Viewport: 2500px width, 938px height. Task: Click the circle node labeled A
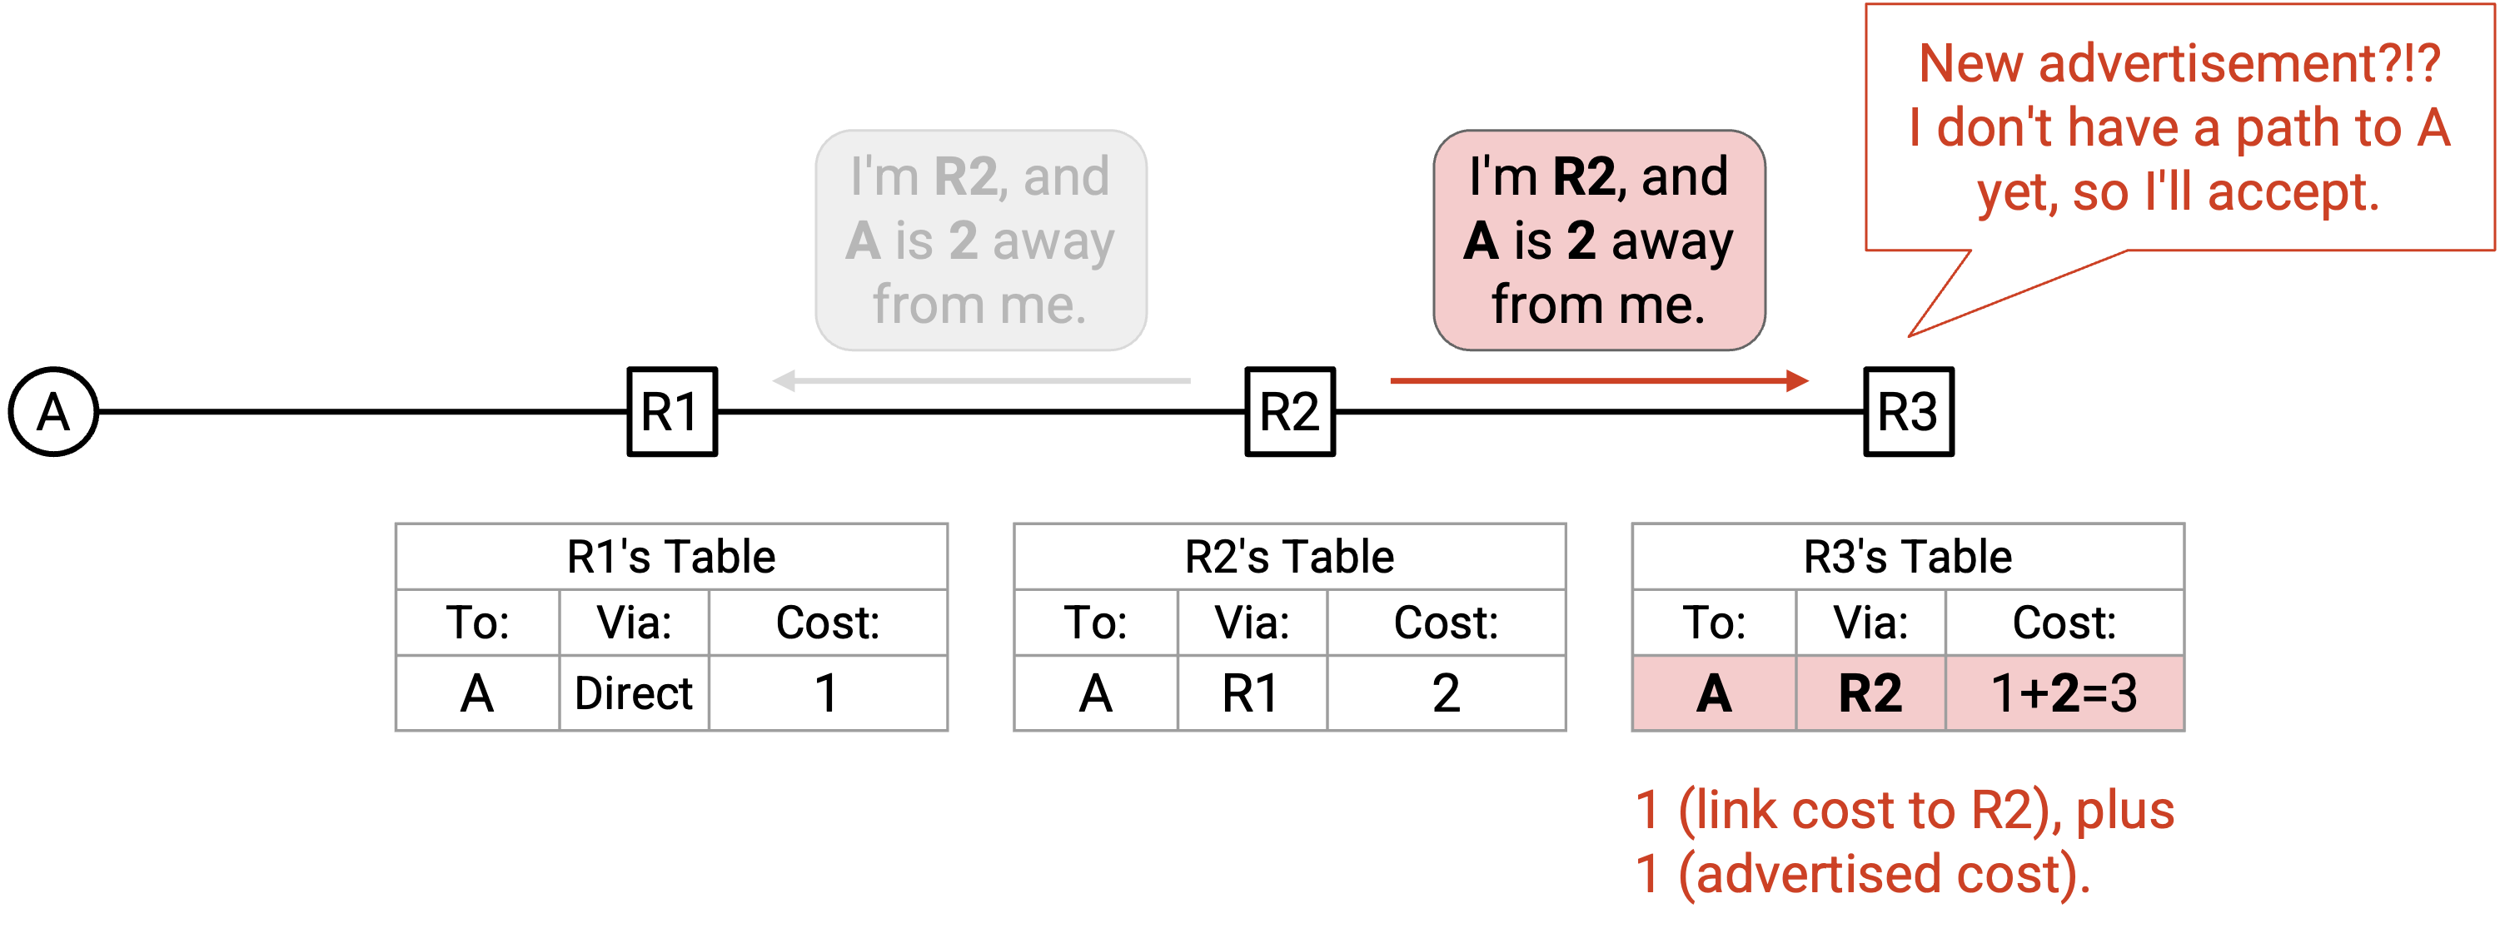click(x=53, y=411)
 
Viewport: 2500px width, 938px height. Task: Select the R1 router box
click(x=671, y=411)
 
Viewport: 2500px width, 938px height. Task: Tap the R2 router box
click(x=1290, y=411)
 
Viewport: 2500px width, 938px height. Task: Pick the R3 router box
click(x=1908, y=411)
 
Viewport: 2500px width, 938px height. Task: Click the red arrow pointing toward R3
click(x=1600, y=380)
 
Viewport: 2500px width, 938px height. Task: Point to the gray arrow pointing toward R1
click(x=981, y=380)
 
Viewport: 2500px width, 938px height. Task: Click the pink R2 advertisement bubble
click(x=1600, y=240)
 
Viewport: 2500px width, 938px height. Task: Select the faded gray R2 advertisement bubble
click(x=981, y=240)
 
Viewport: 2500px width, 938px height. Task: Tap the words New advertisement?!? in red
click(x=2179, y=64)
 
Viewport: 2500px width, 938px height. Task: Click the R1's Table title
click(x=671, y=557)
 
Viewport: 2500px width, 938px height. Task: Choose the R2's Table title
click(x=1290, y=557)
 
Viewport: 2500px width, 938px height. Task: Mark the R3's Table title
click(x=1908, y=557)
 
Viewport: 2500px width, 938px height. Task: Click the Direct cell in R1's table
click(x=634, y=692)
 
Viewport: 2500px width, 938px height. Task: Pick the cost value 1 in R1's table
click(x=827, y=692)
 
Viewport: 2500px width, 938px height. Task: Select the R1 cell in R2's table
click(x=1252, y=692)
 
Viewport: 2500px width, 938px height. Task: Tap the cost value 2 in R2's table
click(x=1446, y=692)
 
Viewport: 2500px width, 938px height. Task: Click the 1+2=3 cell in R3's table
click(x=2064, y=692)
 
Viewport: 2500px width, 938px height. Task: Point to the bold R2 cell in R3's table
click(x=1870, y=692)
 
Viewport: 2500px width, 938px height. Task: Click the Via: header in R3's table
click(x=1870, y=622)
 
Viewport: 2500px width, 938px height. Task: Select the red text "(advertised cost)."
click(x=1884, y=873)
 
